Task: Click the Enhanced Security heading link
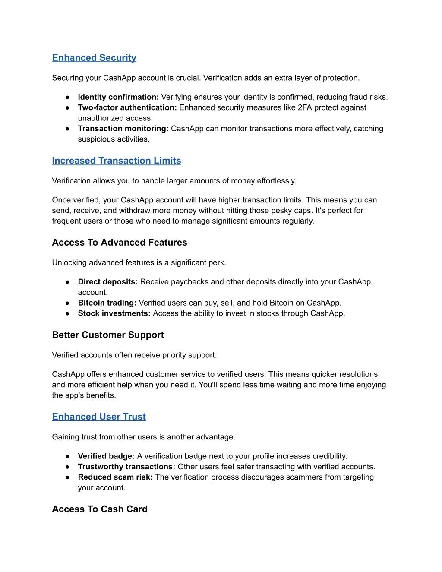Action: [94, 58]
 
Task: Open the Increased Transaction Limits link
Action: [117, 161]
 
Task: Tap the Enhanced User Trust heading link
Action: [99, 417]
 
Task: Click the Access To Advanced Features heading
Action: [120, 243]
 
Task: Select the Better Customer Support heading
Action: [108, 335]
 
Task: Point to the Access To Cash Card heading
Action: [100, 509]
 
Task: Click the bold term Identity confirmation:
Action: [118, 97]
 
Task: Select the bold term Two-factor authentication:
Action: [127, 107]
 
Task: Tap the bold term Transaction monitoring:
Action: [123, 129]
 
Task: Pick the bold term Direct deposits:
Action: [108, 282]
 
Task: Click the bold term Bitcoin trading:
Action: [107, 303]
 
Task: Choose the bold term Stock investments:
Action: [114, 313]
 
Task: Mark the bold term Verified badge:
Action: [106, 456]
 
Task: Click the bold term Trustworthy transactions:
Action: [126, 467]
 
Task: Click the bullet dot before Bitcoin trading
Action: [68, 303]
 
